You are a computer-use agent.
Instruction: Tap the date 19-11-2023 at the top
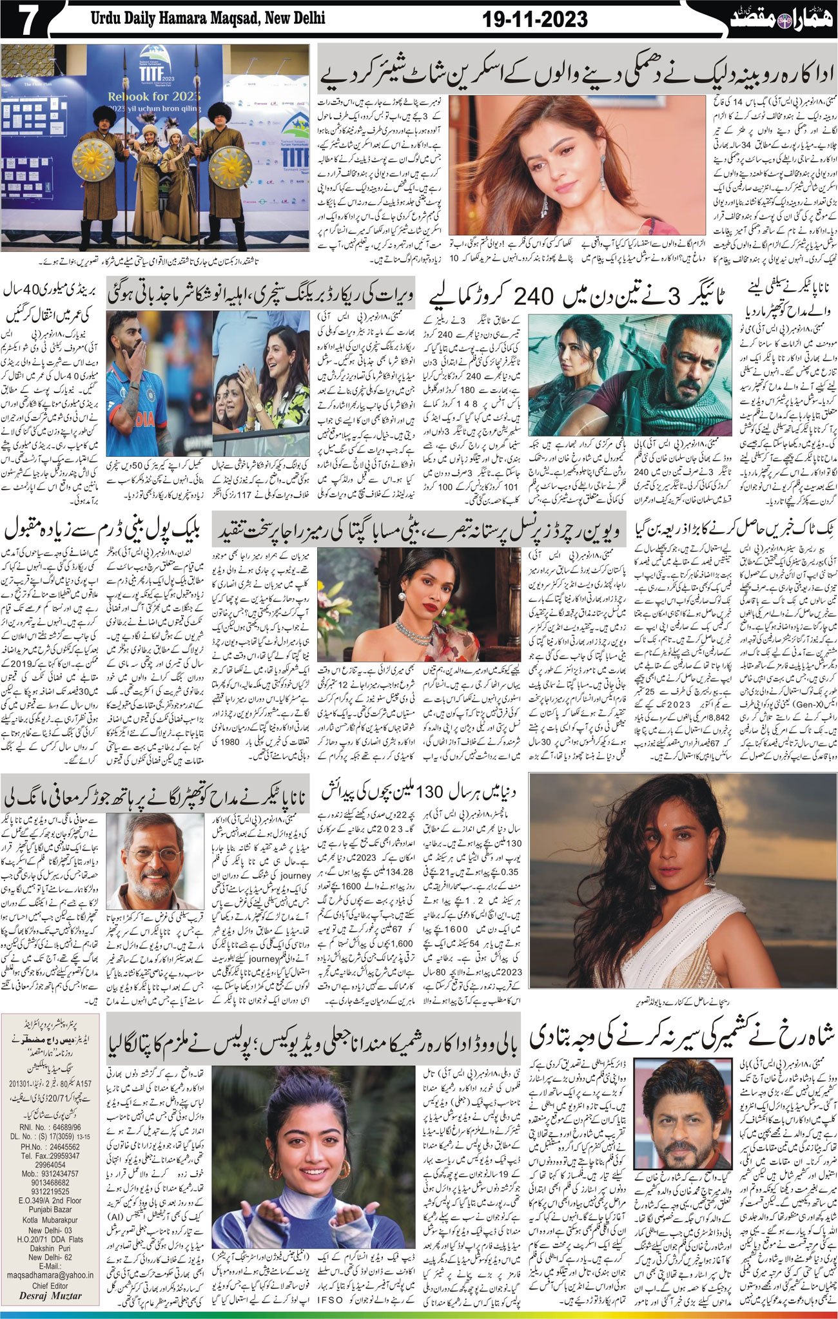point(535,20)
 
